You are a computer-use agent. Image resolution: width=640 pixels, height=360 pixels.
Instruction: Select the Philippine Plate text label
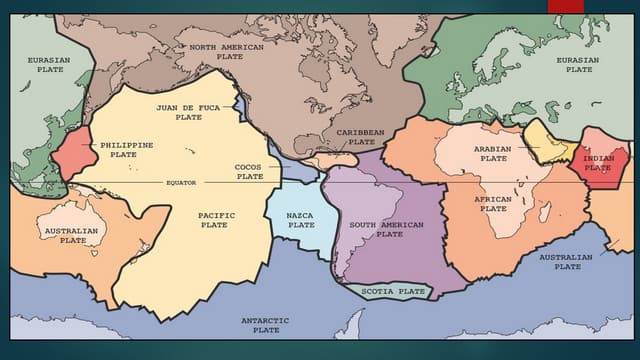pyautogui.click(x=126, y=150)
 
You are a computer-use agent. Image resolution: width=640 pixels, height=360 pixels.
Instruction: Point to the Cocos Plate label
pyautogui.click(x=249, y=171)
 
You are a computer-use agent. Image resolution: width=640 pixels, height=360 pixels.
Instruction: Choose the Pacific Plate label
pyautogui.click(x=215, y=220)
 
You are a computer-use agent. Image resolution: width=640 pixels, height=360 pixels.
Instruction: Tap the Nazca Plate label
pyautogui.click(x=301, y=220)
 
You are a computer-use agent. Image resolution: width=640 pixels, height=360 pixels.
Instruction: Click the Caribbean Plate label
pyautogui.click(x=359, y=137)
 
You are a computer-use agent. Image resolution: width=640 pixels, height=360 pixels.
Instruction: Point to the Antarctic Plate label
pyautogui.click(x=265, y=324)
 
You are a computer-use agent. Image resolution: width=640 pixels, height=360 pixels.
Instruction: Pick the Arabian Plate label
pyautogui.click(x=493, y=153)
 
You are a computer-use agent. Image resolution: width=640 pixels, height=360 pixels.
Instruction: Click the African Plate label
pyautogui.click(x=493, y=203)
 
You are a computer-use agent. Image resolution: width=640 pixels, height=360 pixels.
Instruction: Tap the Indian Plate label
pyautogui.click(x=598, y=163)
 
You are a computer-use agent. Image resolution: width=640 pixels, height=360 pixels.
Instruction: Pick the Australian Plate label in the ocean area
pyautogui.click(x=565, y=262)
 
